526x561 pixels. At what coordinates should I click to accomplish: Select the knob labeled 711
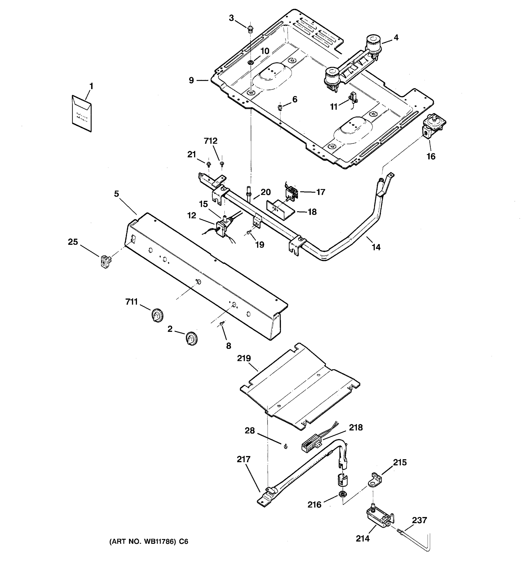(x=157, y=315)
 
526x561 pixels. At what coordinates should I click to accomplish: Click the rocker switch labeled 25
(x=105, y=262)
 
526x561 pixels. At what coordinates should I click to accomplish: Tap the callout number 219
(x=244, y=358)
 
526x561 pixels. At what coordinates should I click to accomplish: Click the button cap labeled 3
(x=250, y=29)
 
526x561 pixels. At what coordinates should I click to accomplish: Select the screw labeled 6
(x=280, y=107)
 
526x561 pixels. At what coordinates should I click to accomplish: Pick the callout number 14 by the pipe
(x=376, y=247)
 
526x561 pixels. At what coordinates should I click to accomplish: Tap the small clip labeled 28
(x=285, y=446)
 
